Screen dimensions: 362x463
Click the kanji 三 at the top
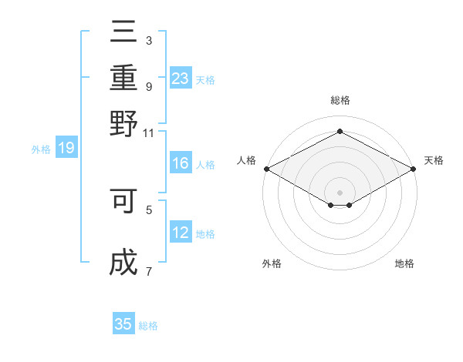pyautogui.click(x=123, y=33)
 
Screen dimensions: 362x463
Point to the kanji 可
pyautogui.click(x=123, y=201)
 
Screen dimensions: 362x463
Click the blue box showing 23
pyautogui.click(x=181, y=79)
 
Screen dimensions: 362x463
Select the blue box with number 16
pyautogui.click(x=181, y=163)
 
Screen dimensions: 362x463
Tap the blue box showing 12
pyautogui.click(x=181, y=233)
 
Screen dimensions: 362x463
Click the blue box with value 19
pyautogui.click(x=66, y=149)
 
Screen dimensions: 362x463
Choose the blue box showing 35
pyautogui.click(x=123, y=324)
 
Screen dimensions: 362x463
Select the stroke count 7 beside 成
pyautogui.click(x=148, y=271)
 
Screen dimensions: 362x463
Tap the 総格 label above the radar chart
pyautogui.click(x=340, y=101)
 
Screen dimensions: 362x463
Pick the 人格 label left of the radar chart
pyautogui.click(x=246, y=160)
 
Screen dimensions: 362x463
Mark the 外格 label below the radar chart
pyautogui.click(x=272, y=264)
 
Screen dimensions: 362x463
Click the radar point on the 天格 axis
pyautogui.click(x=414, y=169)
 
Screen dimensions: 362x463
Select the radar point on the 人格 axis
pyautogui.click(x=266, y=169)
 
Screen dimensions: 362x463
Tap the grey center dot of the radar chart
pyautogui.click(x=340, y=192)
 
